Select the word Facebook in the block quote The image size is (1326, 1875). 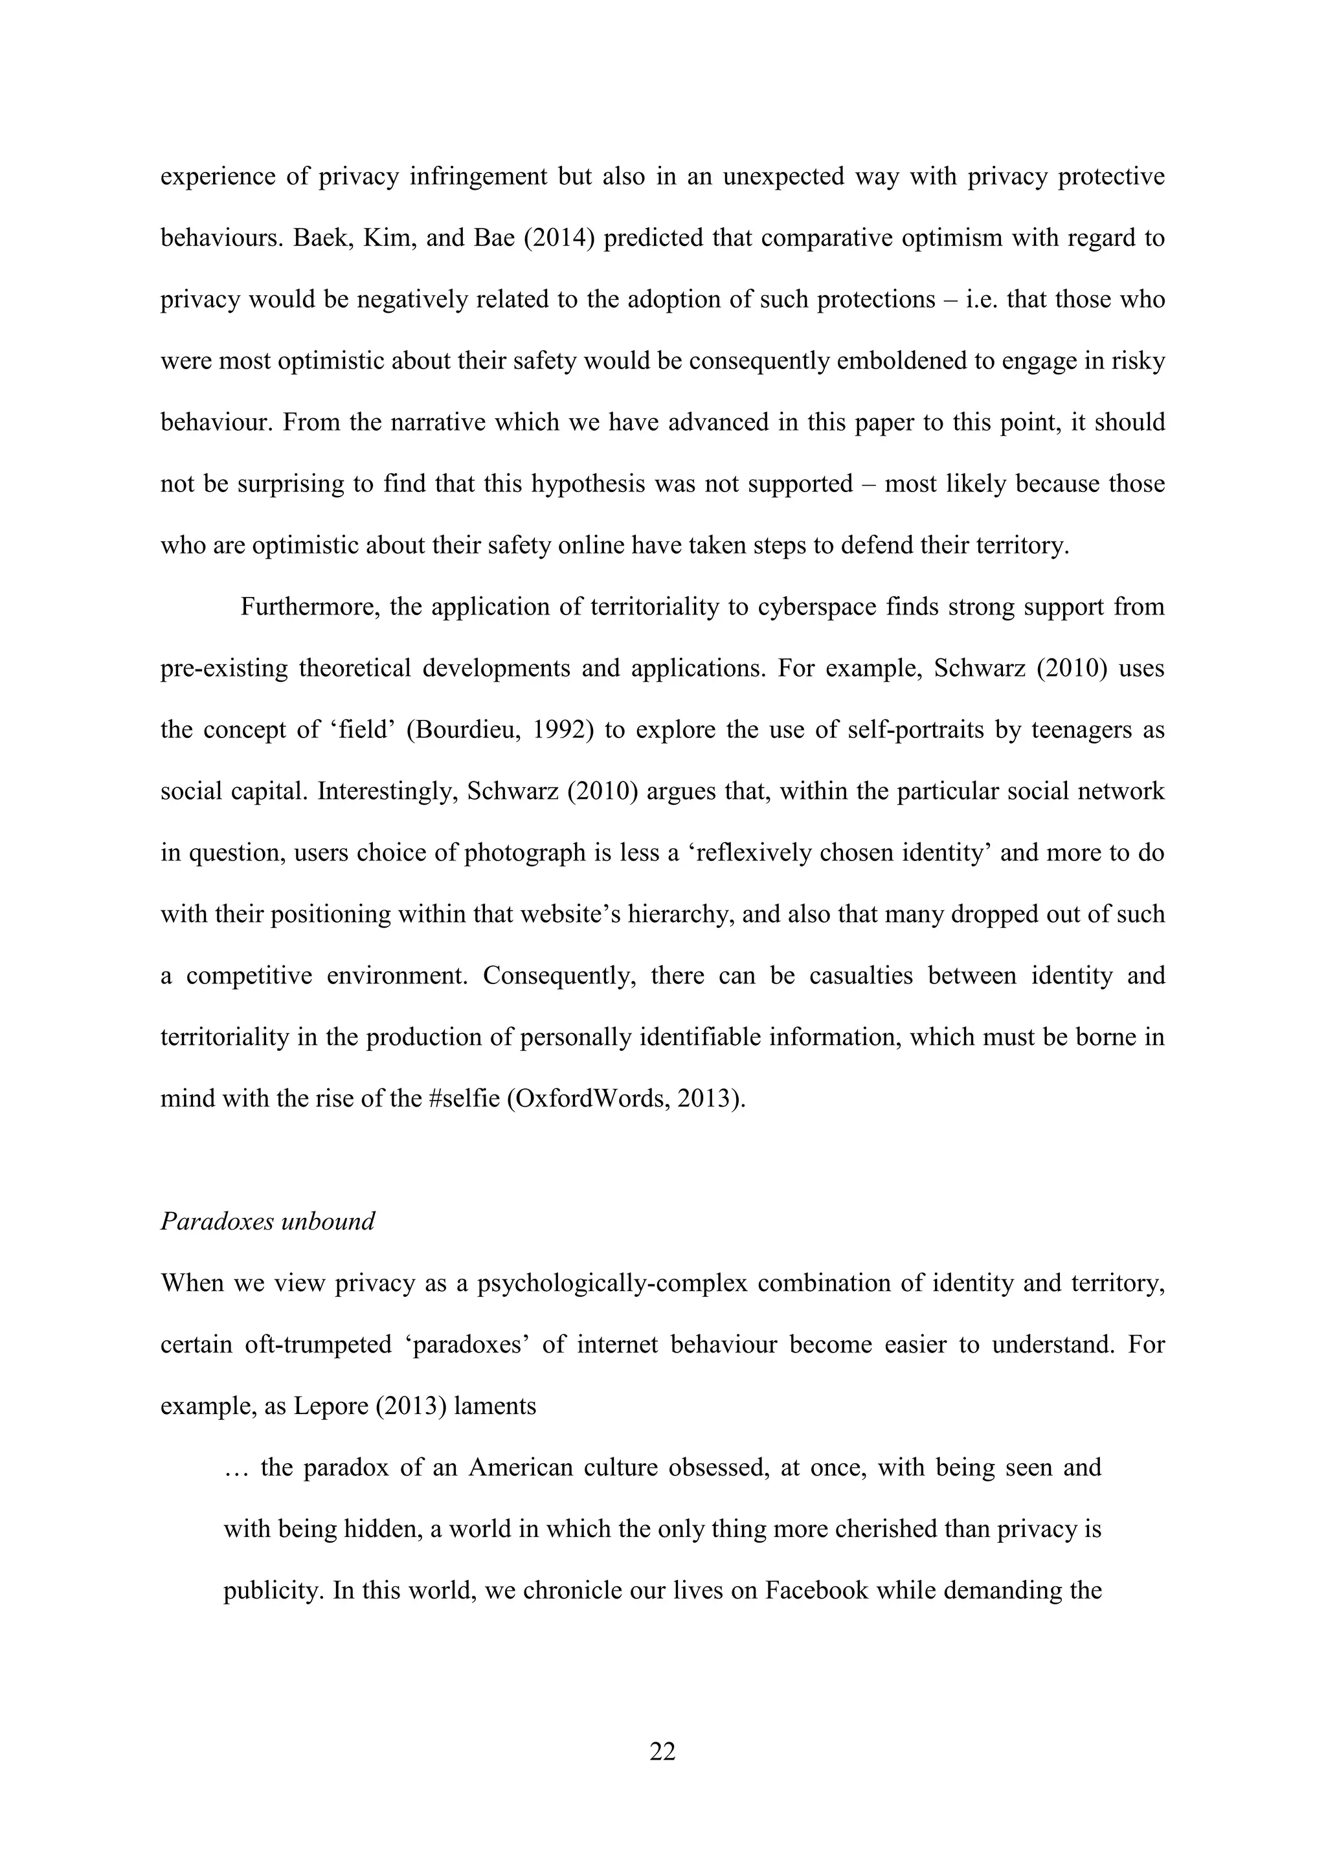(816, 1590)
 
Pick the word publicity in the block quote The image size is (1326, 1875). (272, 1590)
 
